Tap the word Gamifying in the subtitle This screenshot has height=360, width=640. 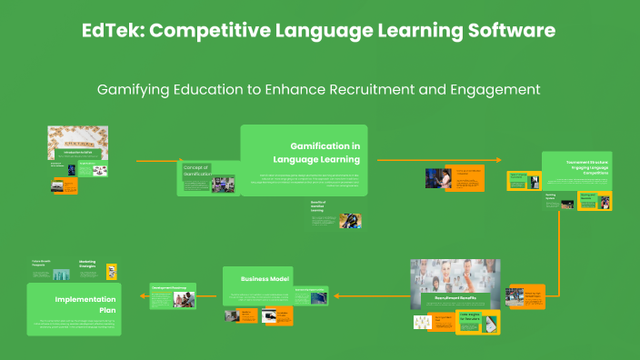[137, 89]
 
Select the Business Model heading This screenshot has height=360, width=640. [265, 278]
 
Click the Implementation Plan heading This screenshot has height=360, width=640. [86, 304]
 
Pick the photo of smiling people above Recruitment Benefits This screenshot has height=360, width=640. [455, 276]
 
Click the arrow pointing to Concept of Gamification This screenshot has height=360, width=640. [155, 161]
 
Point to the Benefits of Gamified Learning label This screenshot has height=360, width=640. [319, 206]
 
